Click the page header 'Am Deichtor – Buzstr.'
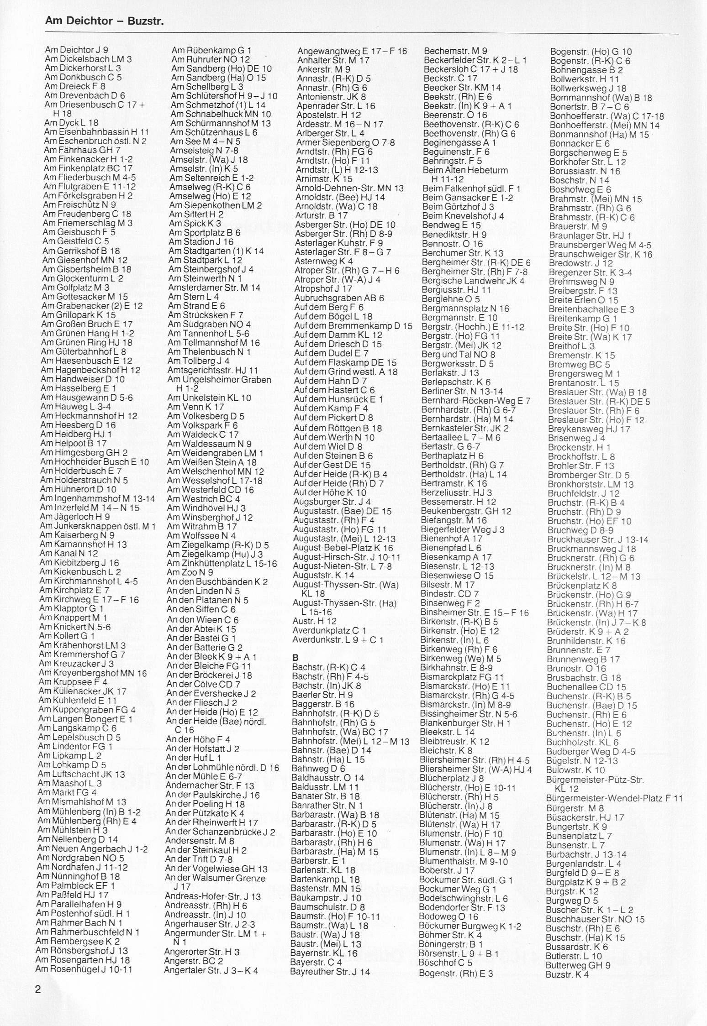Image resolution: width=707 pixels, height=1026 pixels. (105, 21)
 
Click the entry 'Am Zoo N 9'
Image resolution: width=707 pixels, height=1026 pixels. (190, 572)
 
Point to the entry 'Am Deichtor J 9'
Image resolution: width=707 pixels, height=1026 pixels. (76, 50)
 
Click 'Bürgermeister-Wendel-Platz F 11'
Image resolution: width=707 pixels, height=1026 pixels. (614, 798)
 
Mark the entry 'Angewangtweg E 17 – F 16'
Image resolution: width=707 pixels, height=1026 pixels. (352, 51)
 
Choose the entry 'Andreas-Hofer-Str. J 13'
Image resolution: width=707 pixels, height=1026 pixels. (212, 896)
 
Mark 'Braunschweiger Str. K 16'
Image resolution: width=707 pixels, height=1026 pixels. (601, 254)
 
